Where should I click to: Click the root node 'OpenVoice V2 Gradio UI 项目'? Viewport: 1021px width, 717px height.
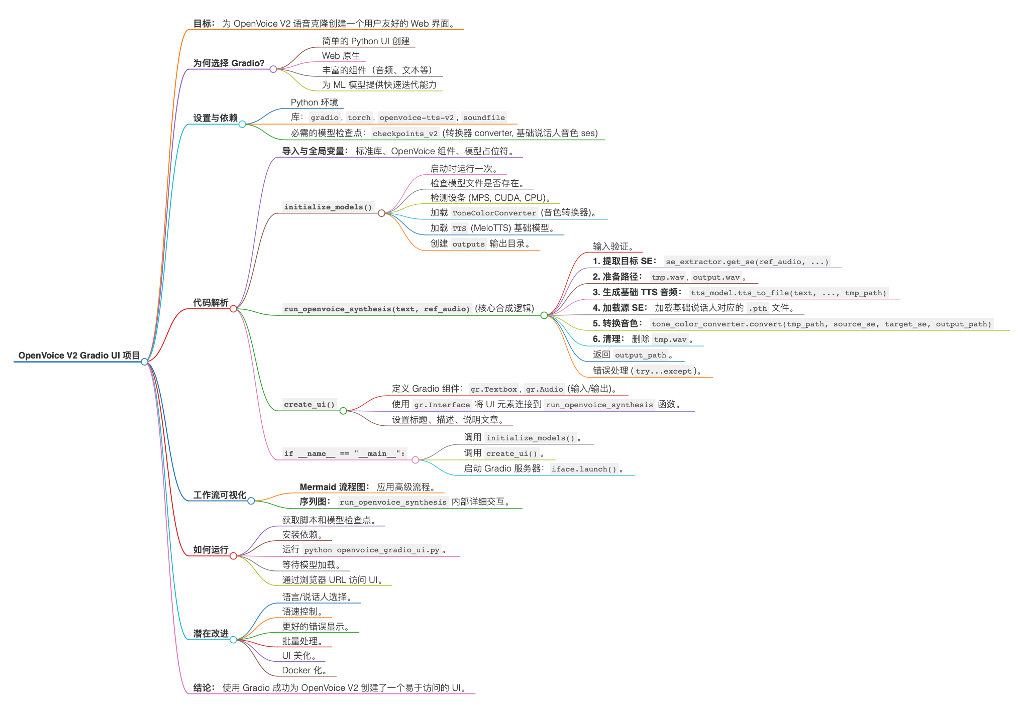(79, 355)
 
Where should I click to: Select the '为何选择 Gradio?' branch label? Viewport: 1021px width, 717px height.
(229, 63)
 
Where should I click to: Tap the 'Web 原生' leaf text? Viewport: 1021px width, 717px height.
(341, 56)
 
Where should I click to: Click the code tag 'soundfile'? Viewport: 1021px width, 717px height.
(483, 117)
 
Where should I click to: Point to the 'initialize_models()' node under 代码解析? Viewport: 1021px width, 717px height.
(328, 207)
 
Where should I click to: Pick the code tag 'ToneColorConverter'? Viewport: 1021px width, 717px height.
(494, 213)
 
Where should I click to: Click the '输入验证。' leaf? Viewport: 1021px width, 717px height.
(614, 246)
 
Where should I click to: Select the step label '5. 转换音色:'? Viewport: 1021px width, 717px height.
(618, 323)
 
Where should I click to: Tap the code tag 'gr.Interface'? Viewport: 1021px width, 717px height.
(442, 405)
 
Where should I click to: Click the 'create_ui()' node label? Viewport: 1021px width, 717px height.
(309, 405)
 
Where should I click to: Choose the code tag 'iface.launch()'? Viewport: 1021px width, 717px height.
(584, 469)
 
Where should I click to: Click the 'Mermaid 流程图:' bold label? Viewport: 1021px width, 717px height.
(334, 487)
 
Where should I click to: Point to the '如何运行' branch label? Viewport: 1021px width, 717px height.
(211, 550)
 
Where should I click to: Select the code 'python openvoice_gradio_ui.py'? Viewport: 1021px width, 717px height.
(371, 550)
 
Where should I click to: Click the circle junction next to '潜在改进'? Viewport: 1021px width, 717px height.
(233, 640)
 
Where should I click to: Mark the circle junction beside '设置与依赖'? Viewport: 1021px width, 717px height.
(242, 124)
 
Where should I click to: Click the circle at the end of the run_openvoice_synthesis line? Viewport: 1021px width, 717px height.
(544, 315)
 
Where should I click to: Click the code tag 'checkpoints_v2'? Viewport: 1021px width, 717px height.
(405, 134)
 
